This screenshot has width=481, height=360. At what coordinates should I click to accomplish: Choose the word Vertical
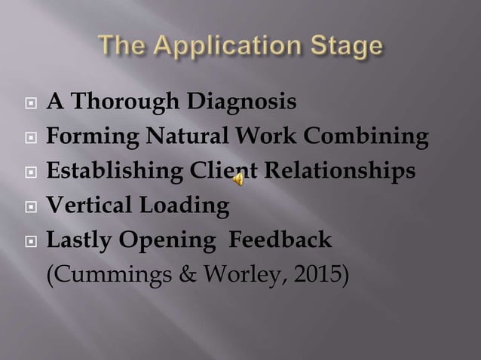pos(87,205)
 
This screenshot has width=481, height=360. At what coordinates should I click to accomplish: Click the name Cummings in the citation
pos(96,274)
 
